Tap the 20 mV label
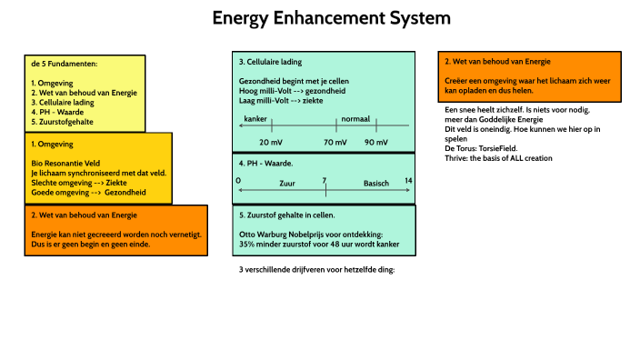coord(271,143)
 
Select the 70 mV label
coord(335,143)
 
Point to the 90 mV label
coord(375,143)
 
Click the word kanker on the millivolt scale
coord(256,119)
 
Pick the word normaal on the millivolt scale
coord(355,119)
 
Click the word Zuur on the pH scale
coord(287,184)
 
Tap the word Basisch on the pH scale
coord(376,184)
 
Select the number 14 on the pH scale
coord(409,181)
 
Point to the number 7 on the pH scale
coord(324,181)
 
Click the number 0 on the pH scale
coord(238,181)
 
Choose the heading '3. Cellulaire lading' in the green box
coord(270,63)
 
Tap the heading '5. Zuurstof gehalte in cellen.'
coord(287,215)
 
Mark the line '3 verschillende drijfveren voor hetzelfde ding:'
coord(316,270)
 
